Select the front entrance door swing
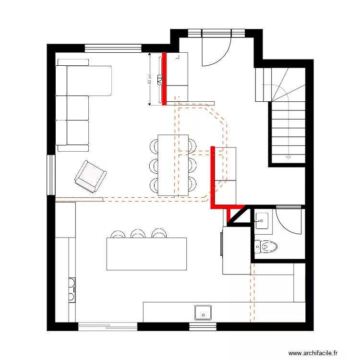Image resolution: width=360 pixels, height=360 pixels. point(216,50)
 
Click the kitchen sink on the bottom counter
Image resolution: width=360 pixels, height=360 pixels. point(203,312)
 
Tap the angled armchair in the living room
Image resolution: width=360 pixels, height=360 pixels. point(90,176)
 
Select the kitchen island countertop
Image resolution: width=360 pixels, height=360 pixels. point(146,253)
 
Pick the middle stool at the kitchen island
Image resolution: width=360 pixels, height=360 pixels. point(138,234)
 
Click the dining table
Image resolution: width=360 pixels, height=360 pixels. point(173,165)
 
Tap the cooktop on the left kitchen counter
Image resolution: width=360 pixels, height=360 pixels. point(71,289)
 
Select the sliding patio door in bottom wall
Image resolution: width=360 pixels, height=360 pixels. point(108,326)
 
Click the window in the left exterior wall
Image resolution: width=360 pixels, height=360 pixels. point(51,175)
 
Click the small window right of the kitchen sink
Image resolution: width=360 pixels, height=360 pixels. point(203,326)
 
